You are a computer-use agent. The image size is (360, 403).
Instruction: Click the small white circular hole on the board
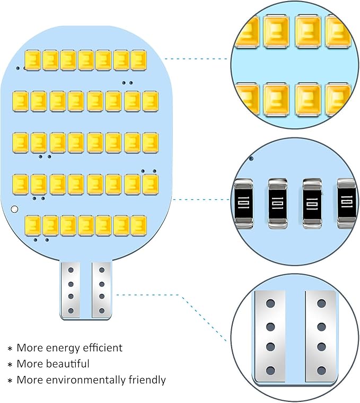coord(15,209)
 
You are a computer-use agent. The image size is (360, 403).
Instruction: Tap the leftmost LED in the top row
coord(33,60)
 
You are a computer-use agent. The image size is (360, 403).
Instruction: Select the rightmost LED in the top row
coord(138,60)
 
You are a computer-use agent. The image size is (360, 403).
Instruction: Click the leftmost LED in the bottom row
coord(33,225)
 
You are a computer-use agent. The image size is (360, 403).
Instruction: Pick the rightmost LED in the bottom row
coord(138,225)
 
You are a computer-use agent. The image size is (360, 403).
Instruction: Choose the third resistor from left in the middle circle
coord(311,204)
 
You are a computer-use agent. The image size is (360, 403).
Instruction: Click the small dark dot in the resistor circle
coord(251,157)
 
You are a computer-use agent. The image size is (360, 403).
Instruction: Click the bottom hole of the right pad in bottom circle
coord(322,370)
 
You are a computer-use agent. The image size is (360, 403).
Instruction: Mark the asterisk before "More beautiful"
coord(10,365)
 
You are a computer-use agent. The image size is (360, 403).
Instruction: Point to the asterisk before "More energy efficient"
coord(10,349)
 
